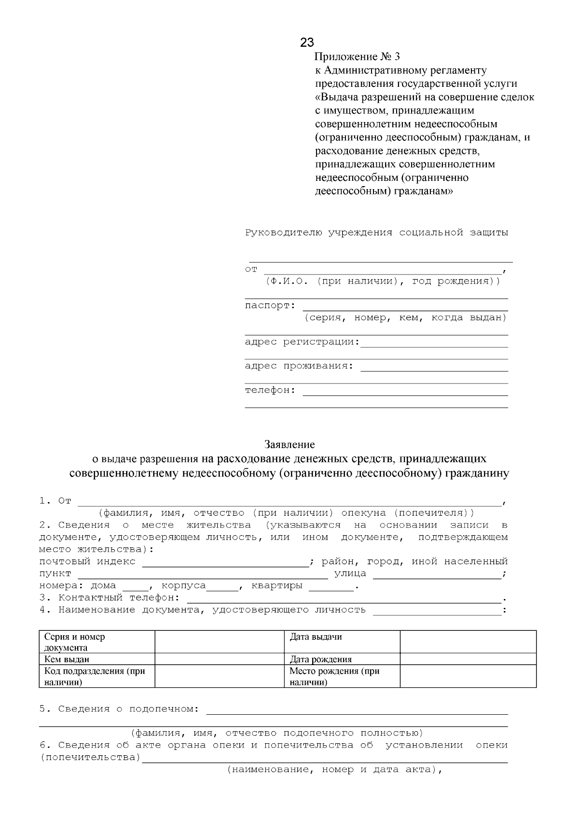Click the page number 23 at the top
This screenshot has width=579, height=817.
click(x=307, y=42)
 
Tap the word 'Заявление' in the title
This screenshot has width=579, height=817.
click(x=289, y=444)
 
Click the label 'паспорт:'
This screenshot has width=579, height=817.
click(x=270, y=306)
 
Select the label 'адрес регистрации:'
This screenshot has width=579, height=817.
click(x=302, y=342)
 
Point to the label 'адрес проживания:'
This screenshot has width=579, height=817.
click(x=299, y=366)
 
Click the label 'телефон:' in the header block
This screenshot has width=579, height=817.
click(x=270, y=390)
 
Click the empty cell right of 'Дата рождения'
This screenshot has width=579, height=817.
click(x=468, y=659)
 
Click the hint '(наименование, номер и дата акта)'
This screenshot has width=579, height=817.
click(x=334, y=770)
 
